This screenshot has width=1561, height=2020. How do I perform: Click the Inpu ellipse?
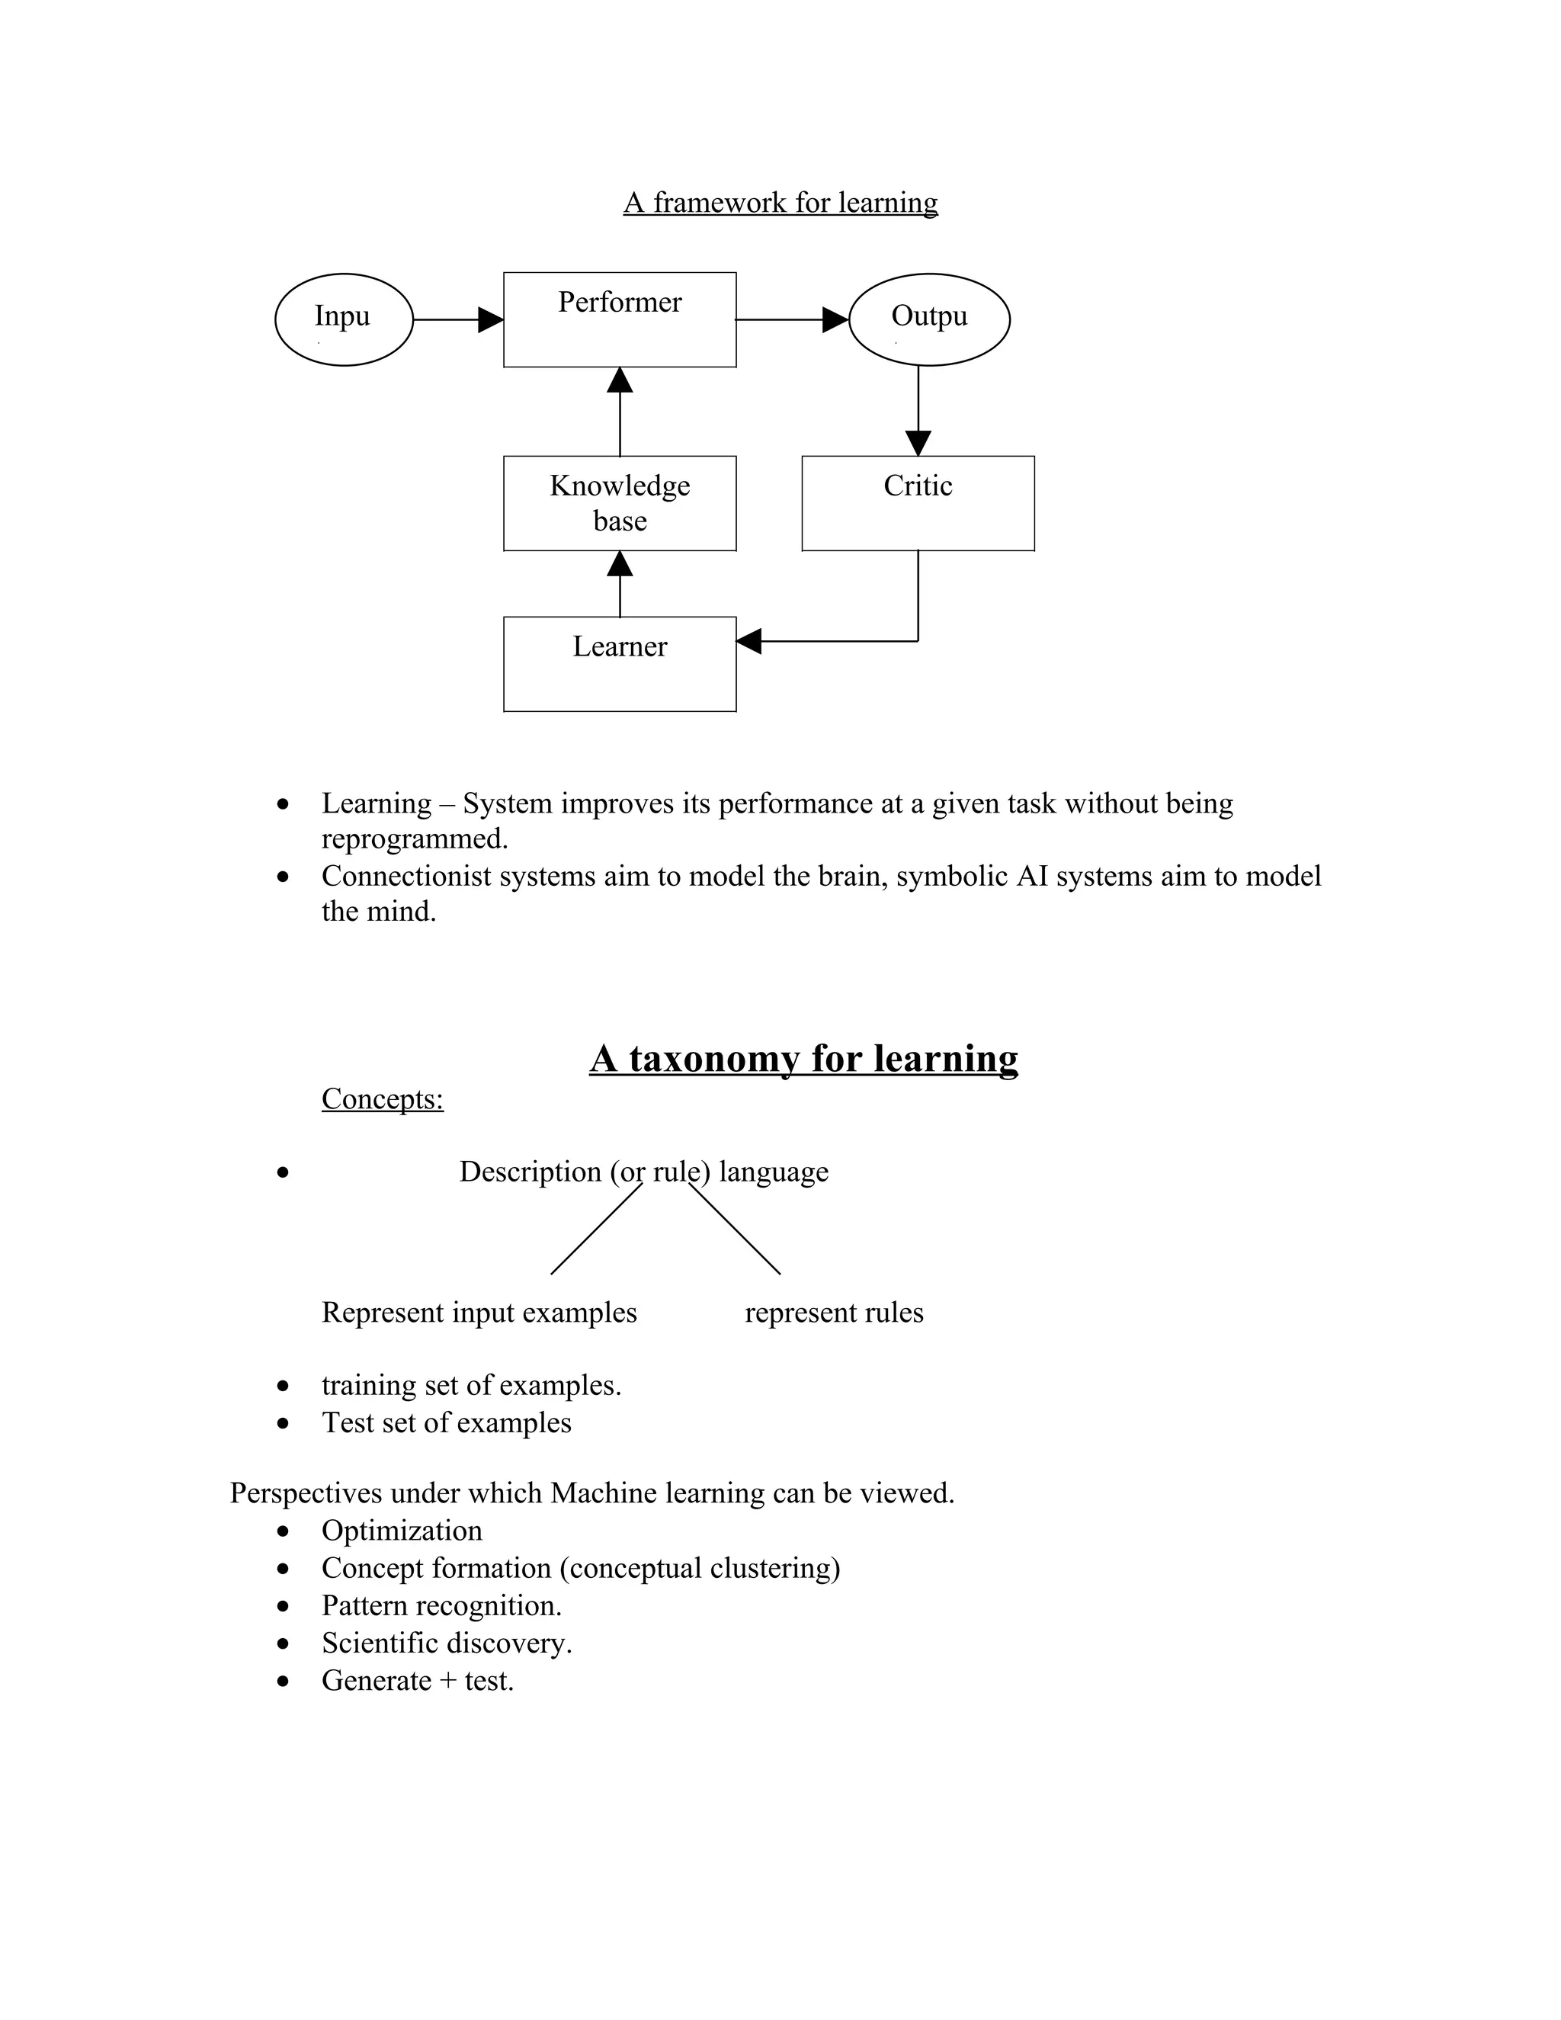tap(343, 319)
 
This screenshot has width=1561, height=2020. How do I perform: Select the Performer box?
tap(620, 320)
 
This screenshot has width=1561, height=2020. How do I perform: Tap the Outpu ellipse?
tap(928, 319)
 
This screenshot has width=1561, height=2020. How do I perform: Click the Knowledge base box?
tap(620, 503)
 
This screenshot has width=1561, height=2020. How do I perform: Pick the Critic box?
tap(918, 503)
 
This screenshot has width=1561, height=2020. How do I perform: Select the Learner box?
tap(620, 664)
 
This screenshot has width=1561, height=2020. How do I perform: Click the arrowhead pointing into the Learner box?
tap(749, 641)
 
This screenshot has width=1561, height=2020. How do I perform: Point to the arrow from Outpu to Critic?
tap(918, 407)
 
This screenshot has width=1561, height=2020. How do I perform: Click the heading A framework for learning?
tap(780, 202)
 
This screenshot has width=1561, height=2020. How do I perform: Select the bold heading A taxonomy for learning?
tap(803, 1058)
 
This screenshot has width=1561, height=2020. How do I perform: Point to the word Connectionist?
tap(406, 876)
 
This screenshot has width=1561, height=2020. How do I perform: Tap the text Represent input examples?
tap(479, 1313)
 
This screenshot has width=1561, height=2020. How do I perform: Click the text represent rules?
tap(834, 1313)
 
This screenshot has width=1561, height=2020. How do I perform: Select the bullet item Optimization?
tap(402, 1531)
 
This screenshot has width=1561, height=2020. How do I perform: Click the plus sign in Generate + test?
tap(447, 1681)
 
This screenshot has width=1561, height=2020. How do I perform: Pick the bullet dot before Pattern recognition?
tap(283, 1607)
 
